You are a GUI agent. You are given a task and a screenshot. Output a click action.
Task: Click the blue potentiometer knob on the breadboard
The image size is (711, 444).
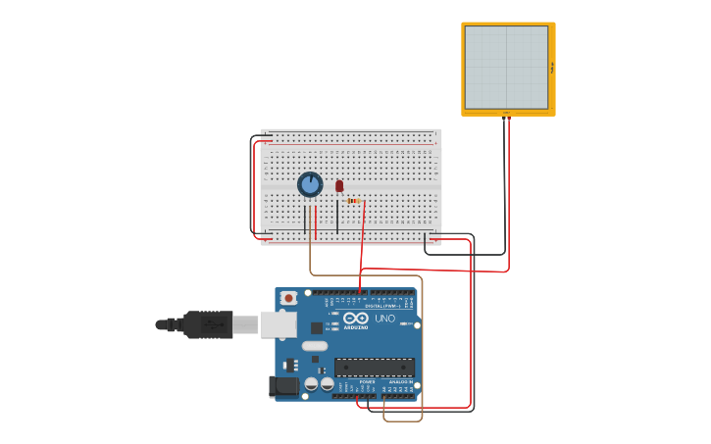tap(310, 184)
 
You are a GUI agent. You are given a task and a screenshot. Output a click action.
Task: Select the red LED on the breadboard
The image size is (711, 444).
tap(339, 185)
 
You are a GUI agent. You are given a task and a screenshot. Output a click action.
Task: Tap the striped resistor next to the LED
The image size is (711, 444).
tap(353, 201)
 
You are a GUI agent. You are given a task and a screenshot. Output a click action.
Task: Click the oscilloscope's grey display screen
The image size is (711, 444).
tap(506, 68)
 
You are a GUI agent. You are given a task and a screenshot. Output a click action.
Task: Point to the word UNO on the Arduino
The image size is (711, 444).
tap(384, 318)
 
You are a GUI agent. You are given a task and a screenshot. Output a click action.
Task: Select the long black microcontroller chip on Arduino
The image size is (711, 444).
tap(374, 368)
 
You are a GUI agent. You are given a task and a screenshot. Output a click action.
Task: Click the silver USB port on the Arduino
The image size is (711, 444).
tap(279, 323)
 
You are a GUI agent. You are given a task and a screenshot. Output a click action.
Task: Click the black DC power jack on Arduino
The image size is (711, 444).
tap(284, 388)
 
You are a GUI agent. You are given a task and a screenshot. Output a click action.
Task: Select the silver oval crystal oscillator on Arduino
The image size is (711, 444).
tap(315, 346)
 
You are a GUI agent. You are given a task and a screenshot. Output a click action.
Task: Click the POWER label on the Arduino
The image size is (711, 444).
tap(368, 381)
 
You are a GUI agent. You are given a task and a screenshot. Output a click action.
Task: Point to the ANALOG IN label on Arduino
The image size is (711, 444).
tap(400, 381)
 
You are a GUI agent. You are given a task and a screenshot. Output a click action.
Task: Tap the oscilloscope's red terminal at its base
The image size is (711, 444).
tap(509, 114)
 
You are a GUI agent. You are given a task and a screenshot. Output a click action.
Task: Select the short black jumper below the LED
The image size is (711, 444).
tap(337, 217)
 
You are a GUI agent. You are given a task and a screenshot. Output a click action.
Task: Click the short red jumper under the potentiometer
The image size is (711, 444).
tap(316, 221)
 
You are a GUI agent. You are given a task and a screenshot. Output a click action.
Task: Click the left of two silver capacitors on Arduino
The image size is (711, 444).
tap(311, 384)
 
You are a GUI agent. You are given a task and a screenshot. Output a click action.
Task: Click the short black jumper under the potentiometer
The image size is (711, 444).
tap(305, 221)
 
